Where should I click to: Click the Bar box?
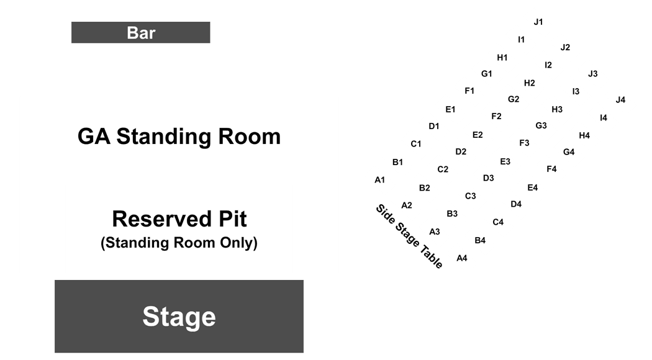[x=140, y=32]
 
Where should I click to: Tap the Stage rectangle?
[x=179, y=317]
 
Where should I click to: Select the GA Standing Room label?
[x=179, y=137]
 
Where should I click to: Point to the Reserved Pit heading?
[x=179, y=218]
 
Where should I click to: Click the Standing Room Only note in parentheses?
[x=179, y=242]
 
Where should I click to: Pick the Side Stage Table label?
[x=409, y=236]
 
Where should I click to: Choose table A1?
[x=379, y=180]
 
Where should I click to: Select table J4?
[x=620, y=100]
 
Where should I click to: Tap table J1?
[x=538, y=22]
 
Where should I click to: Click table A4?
[x=462, y=258]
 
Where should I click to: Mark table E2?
[x=478, y=135]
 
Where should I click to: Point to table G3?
[x=541, y=125]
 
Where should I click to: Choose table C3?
[x=470, y=196]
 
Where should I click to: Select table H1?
[x=502, y=58]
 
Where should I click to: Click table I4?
[x=604, y=118]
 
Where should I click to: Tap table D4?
[x=516, y=204]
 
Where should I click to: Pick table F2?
[x=496, y=117]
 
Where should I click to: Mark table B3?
[x=452, y=214]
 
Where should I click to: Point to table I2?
[x=548, y=65]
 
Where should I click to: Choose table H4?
[x=584, y=135]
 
